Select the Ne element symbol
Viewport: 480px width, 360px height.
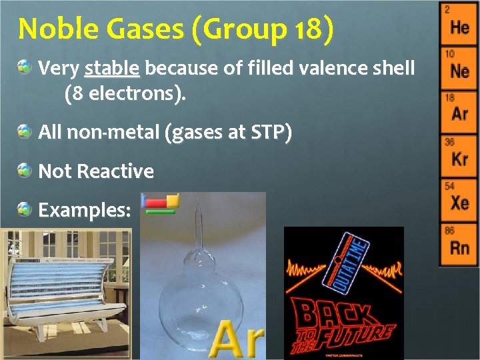pos(459,71)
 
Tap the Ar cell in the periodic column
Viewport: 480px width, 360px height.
pos(459,113)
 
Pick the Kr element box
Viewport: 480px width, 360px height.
pos(459,157)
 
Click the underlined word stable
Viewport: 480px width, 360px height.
pos(112,68)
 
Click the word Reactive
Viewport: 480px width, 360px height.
pos(115,171)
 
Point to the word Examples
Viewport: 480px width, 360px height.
pos(84,210)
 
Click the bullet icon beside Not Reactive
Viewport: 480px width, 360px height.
pos(25,171)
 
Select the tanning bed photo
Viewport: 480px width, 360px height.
pos(65,293)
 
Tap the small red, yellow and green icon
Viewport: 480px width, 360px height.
pos(161,203)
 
